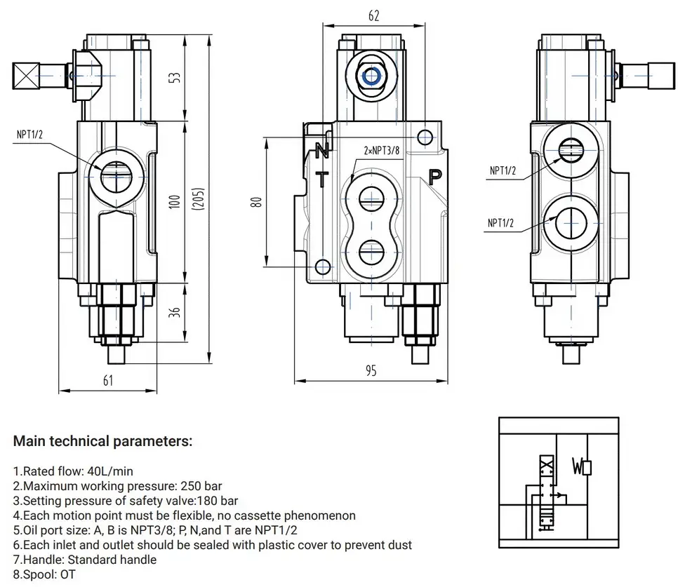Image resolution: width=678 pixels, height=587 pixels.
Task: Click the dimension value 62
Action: point(373,15)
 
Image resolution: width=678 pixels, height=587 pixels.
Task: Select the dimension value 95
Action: point(371,371)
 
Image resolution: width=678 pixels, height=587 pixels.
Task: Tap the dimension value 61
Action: point(107,380)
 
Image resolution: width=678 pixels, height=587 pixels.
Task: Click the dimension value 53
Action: point(175,77)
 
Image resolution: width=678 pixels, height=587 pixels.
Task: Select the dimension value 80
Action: point(257,201)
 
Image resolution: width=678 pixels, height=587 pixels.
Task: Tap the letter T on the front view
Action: point(321,180)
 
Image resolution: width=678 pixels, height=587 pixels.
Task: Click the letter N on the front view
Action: point(321,150)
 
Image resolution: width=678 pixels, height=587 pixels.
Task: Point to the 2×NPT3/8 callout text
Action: point(381,150)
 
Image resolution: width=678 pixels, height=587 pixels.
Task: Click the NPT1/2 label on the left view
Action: point(31,134)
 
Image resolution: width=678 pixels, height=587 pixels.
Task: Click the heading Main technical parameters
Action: point(102,442)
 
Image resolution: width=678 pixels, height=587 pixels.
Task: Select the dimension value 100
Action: point(175,201)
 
